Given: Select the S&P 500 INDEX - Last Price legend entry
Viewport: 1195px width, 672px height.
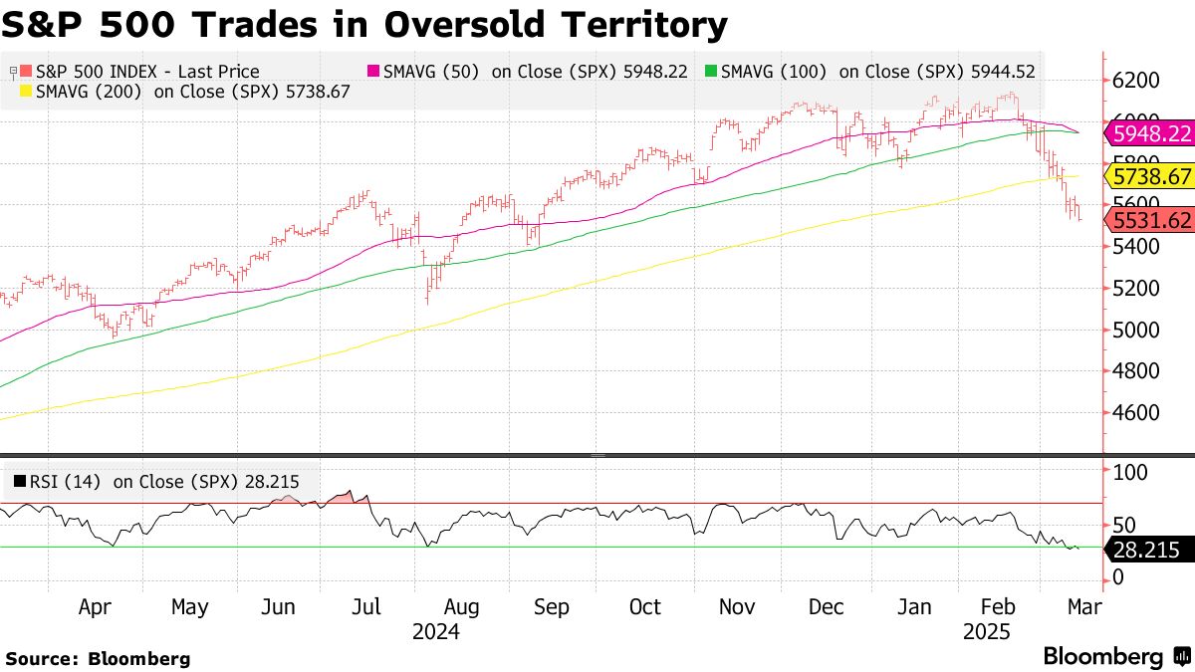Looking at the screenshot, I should [139, 72].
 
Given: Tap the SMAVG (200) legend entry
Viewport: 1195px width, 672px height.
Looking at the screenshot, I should [188, 91].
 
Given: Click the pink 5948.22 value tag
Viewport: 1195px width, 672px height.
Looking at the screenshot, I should [1151, 133].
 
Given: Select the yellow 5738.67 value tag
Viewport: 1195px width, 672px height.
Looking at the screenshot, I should [1151, 176].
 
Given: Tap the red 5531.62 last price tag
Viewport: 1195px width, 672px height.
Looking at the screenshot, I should [1151, 220].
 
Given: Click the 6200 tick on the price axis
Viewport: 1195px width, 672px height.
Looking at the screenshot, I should [1136, 81].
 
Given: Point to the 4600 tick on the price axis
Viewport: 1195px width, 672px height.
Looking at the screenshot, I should [1136, 412].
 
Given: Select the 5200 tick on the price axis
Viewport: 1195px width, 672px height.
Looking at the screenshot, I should [1136, 288].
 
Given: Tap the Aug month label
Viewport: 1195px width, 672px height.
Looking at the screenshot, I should [461, 607].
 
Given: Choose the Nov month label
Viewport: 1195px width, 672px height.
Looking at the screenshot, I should [737, 607].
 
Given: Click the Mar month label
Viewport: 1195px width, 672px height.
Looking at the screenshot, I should [1082, 607].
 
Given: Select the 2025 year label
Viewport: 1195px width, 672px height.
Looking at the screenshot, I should [987, 632].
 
